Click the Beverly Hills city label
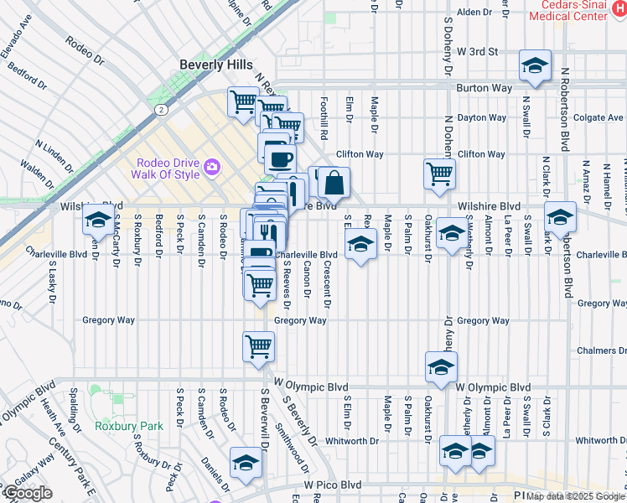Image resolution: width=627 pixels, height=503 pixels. (x=215, y=65)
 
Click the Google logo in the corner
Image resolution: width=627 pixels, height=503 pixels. (x=27, y=493)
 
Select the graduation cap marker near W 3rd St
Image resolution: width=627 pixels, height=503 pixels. (x=534, y=66)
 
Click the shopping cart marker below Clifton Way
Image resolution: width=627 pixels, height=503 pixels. (x=438, y=174)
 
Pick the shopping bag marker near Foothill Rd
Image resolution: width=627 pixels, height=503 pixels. (x=333, y=182)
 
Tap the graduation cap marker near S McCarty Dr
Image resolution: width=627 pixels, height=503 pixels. (x=98, y=221)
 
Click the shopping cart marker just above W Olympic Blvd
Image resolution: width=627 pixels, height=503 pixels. (x=258, y=345)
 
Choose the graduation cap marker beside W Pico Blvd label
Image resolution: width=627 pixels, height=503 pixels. (x=246, y=464)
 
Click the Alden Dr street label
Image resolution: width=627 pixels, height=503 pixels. (x=474, y=12)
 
